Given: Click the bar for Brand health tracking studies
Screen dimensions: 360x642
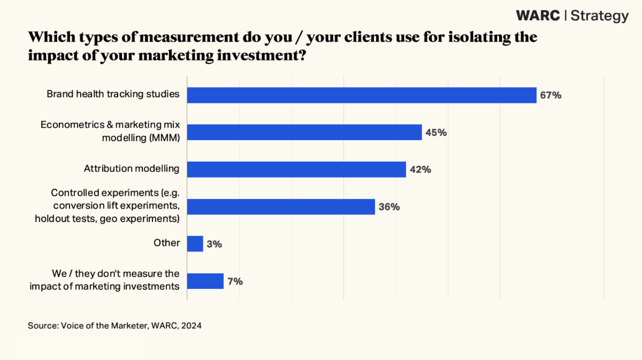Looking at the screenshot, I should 361,95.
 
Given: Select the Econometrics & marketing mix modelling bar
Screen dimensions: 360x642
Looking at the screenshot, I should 304,132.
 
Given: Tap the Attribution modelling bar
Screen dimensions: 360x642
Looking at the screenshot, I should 296,169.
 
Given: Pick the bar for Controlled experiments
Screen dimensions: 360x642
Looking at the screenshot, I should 280,206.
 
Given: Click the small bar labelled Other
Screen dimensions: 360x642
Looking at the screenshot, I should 195,244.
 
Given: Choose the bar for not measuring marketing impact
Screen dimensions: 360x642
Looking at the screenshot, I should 205,281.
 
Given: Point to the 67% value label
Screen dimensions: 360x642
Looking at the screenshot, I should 551,96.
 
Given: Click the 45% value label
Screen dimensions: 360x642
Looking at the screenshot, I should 436,132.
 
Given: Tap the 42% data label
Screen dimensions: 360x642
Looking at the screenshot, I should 421,170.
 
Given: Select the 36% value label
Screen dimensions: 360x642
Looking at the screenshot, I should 389,207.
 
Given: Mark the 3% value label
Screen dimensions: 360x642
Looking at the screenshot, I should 215,244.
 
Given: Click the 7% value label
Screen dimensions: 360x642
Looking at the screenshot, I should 235,281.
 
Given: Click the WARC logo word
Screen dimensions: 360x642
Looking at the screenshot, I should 538,16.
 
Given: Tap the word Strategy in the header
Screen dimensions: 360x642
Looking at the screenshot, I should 600,16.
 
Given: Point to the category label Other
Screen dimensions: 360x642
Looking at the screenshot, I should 167,243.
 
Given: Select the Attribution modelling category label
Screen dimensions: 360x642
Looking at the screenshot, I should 132,168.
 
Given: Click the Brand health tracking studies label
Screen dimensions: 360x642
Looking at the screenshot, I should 113,95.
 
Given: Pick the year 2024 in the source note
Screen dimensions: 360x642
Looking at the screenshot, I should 192,325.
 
